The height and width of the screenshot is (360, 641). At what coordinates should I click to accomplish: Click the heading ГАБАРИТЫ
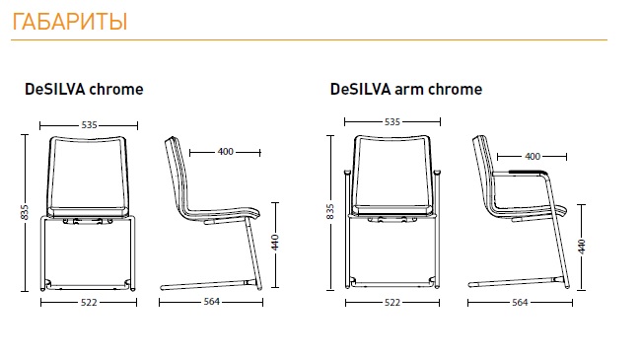pos(70,22)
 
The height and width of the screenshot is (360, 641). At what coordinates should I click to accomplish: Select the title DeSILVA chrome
pos(84,89)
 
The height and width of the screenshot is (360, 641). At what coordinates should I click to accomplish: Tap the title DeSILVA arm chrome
pos(406,89)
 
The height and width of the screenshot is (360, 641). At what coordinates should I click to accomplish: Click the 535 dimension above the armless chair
pos(89,125)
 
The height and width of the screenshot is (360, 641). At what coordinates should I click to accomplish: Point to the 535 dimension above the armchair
pos(392,122)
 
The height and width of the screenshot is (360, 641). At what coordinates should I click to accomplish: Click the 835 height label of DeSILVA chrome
pos(25,212)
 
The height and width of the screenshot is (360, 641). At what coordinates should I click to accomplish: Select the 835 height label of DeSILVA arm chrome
pos(330,211)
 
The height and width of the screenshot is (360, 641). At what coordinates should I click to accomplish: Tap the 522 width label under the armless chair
pos(89,303)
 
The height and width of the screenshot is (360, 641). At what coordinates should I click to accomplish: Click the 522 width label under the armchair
pos(392,303)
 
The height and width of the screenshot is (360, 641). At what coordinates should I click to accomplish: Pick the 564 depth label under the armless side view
pos(212,302)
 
